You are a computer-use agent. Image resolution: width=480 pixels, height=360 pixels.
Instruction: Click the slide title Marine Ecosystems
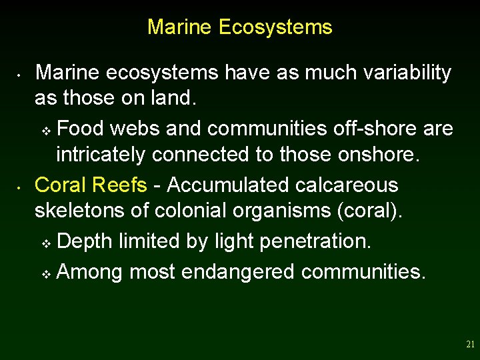point(239,27)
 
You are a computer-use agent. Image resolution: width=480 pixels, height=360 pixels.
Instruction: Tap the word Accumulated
point(223,185)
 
